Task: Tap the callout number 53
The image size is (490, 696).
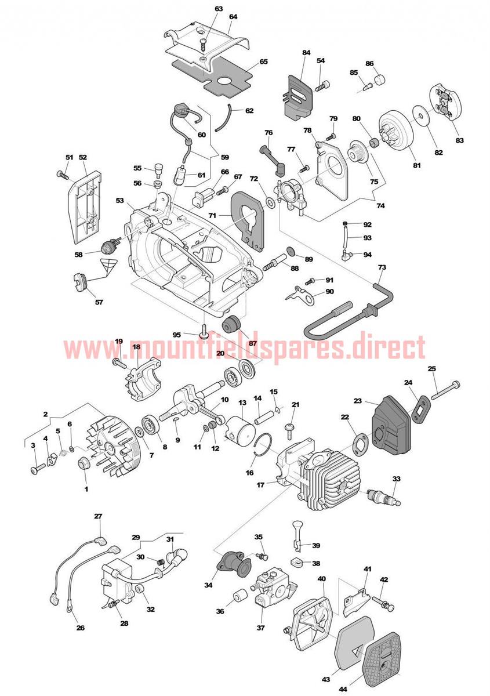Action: (120, 201)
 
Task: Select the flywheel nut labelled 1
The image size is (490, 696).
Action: (84, 464)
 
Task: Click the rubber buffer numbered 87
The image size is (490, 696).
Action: (231, 325)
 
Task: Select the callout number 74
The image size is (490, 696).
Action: (380, 206)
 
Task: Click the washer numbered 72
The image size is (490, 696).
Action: (270, 203)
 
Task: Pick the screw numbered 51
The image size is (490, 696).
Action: (63, 174)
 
